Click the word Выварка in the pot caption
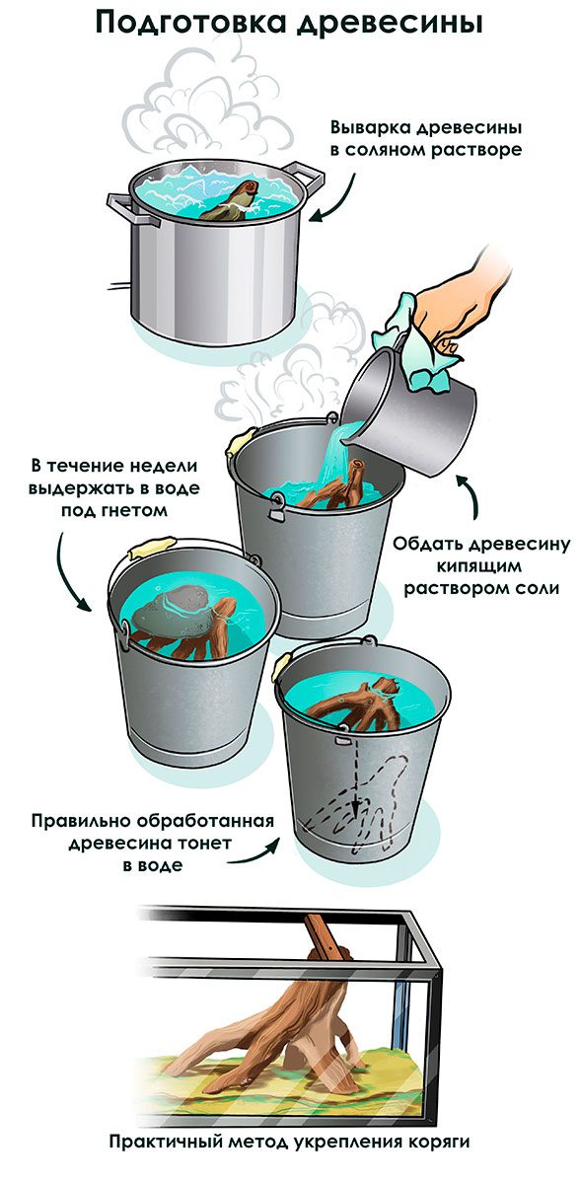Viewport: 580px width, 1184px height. pos(370,128)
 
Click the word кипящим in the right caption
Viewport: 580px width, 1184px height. pos(478,565)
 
